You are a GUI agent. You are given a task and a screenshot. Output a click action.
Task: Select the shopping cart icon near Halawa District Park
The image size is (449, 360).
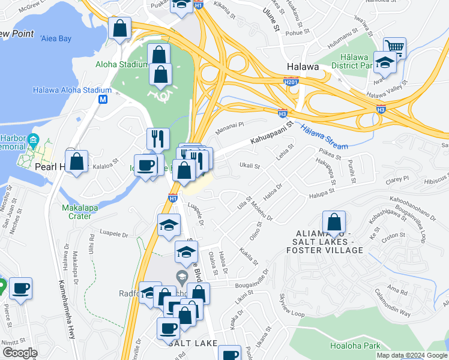[x=394, y=47]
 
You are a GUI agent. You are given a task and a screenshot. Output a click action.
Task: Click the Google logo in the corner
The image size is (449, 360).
[x=20, y=352]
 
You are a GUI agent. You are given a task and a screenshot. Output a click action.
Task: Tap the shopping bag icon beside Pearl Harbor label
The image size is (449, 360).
[x=77, y=162]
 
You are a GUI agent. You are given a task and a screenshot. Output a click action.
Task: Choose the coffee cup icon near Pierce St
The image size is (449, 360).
[x=20, y=289]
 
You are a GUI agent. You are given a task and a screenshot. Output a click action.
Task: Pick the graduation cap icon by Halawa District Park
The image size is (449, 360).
[x=384, y=61]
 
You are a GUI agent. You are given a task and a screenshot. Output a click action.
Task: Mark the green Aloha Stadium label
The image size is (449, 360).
[x=121, y=64]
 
